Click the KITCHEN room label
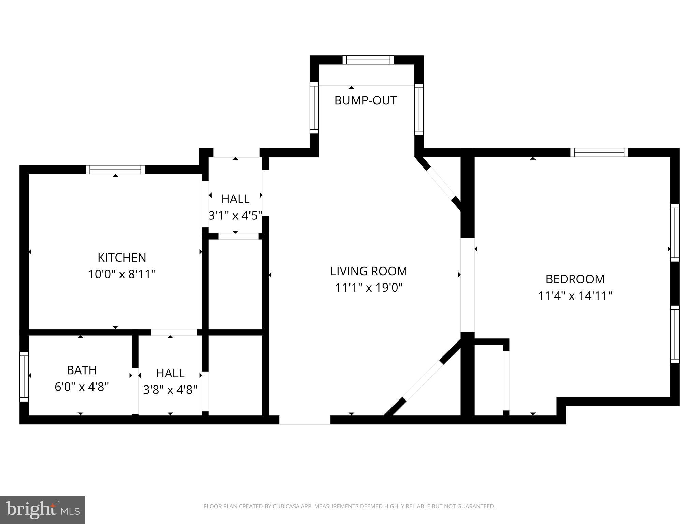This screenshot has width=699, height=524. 122,258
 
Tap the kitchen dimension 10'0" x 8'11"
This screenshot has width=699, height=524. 122,274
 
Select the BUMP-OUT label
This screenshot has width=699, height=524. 366,101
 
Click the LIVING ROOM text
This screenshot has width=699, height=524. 369,271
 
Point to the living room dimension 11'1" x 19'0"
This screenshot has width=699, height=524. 369,288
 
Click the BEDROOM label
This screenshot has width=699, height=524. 575,279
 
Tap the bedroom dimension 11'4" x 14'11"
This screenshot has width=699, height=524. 575,296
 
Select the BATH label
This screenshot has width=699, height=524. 82,370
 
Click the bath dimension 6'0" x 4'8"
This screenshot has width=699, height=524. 82,387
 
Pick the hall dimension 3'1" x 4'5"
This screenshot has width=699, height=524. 235,216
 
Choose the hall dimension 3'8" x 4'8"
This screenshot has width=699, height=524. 170,390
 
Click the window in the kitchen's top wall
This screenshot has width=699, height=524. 115,170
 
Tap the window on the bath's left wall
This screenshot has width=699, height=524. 24,377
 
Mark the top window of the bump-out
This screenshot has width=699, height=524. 368,60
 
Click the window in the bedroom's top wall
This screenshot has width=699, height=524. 599,152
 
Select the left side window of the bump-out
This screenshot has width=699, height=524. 314,108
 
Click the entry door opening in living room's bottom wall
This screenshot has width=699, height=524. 305,420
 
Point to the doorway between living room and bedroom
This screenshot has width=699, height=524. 467,285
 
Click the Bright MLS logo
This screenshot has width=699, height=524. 43,510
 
